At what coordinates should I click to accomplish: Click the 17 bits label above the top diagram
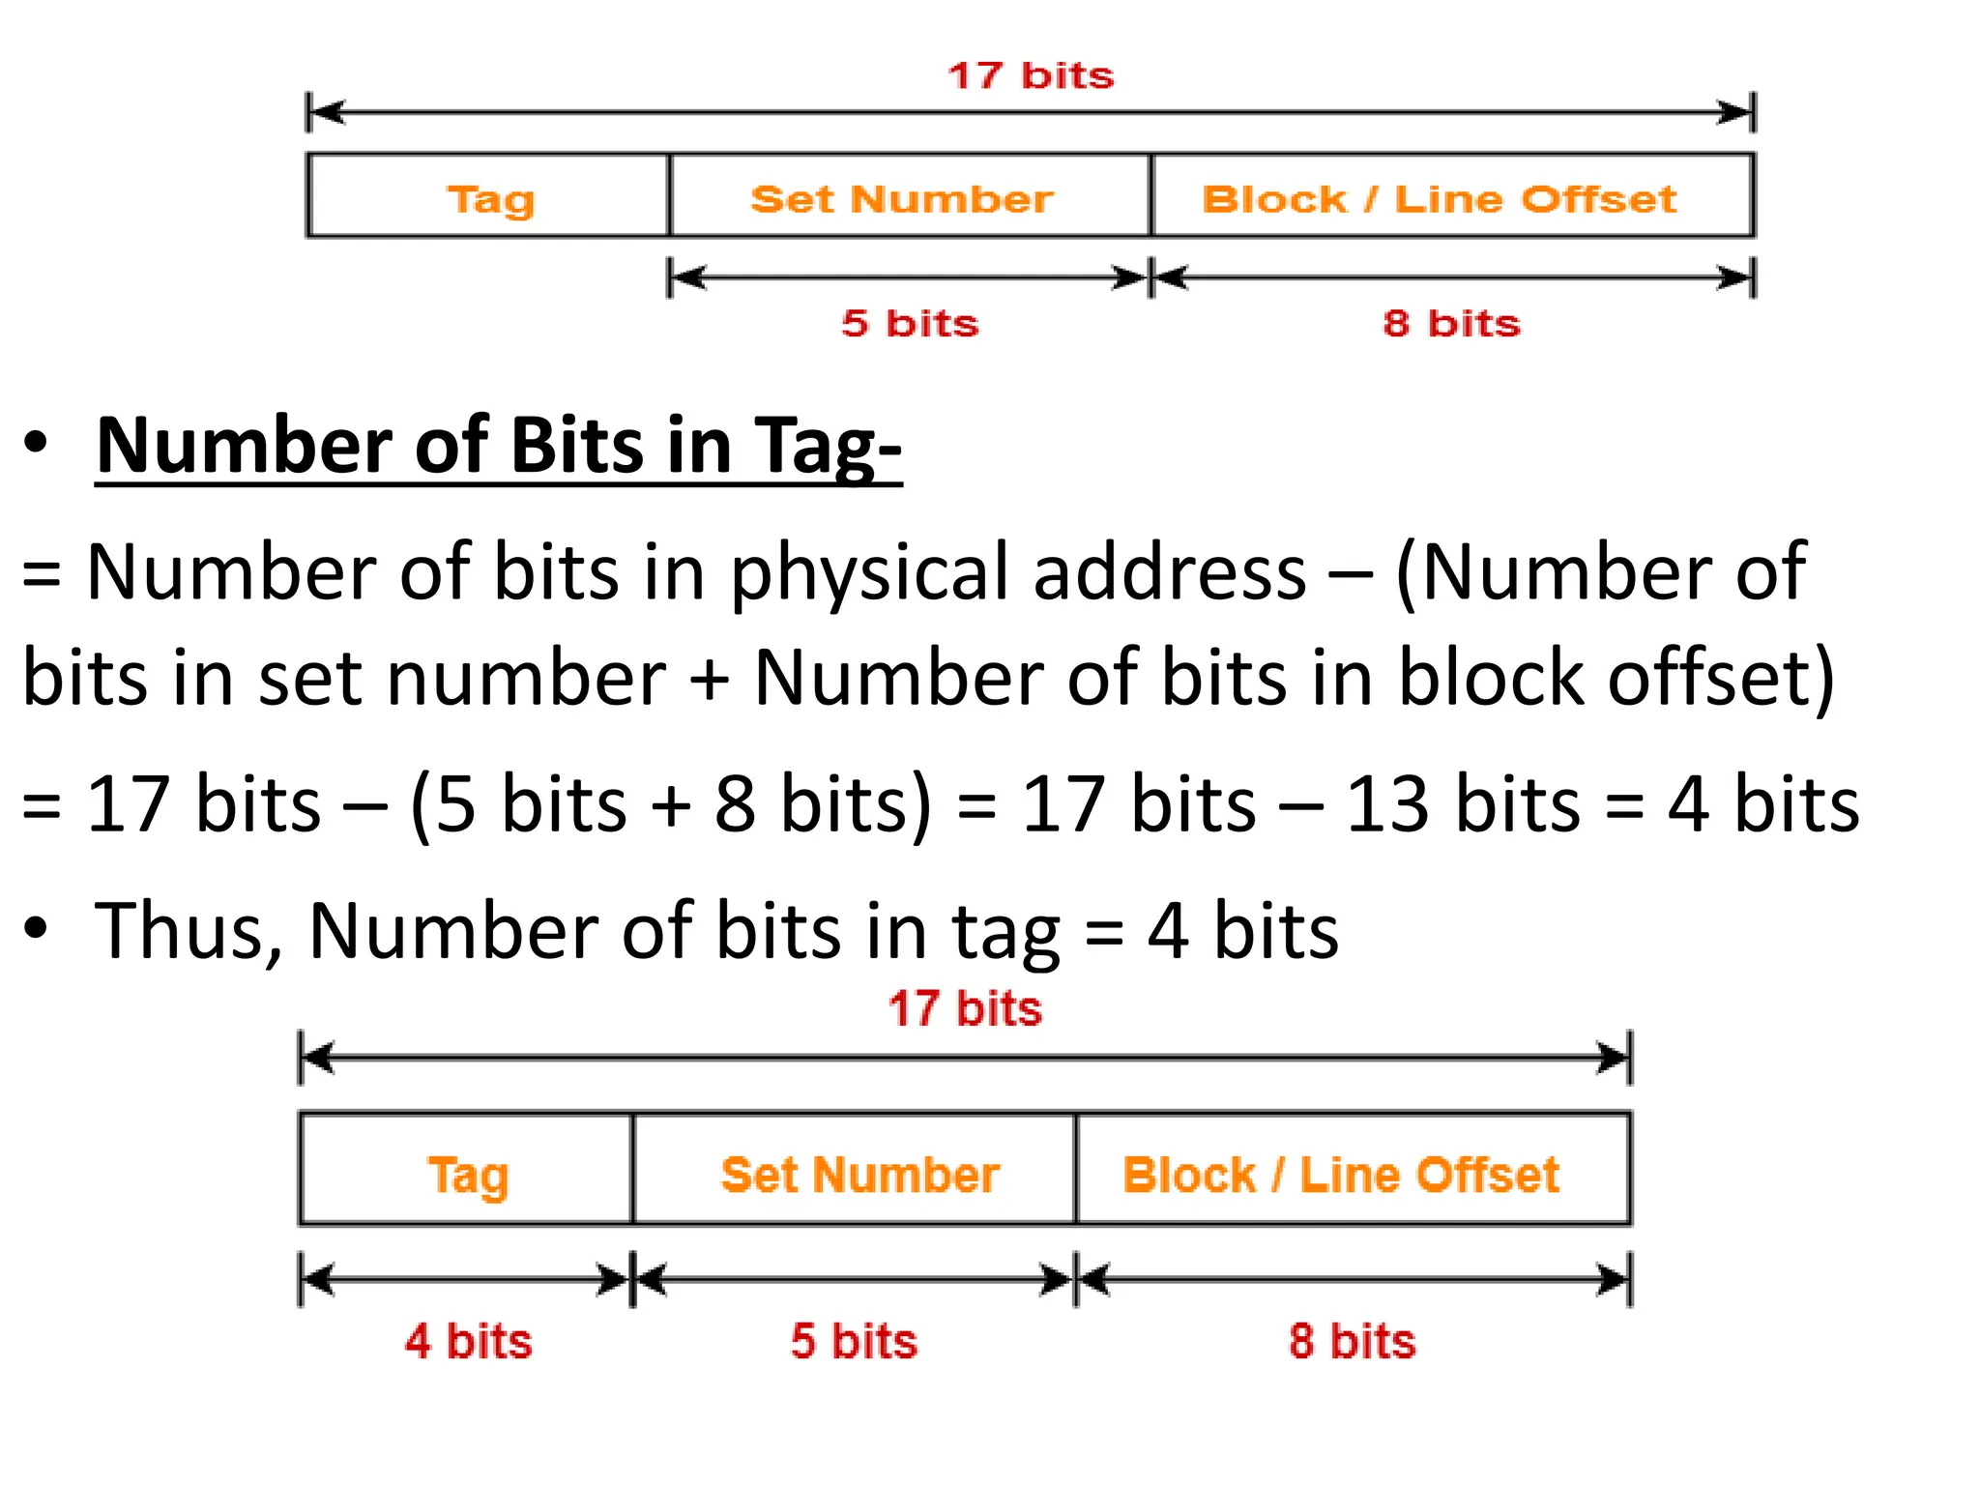[x=1031, y=75]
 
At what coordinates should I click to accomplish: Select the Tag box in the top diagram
[x=489, y=197]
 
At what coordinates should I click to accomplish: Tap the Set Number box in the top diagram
[x=901, y=198]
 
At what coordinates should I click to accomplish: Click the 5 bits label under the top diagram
[x=910, y=323]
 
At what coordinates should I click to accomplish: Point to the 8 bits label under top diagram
[x=1451, y=323]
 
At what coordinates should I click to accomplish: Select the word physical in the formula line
[x=870, y=572]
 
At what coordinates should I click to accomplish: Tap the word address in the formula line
[x=1170, y=572]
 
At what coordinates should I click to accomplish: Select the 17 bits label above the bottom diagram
[x=965, y=1008]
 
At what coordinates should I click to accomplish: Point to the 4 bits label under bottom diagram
[x=468, y=1341]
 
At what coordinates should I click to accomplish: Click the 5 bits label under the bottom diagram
[x=853, y=1341]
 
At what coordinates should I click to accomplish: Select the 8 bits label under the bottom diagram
[x=1352, y=1341]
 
